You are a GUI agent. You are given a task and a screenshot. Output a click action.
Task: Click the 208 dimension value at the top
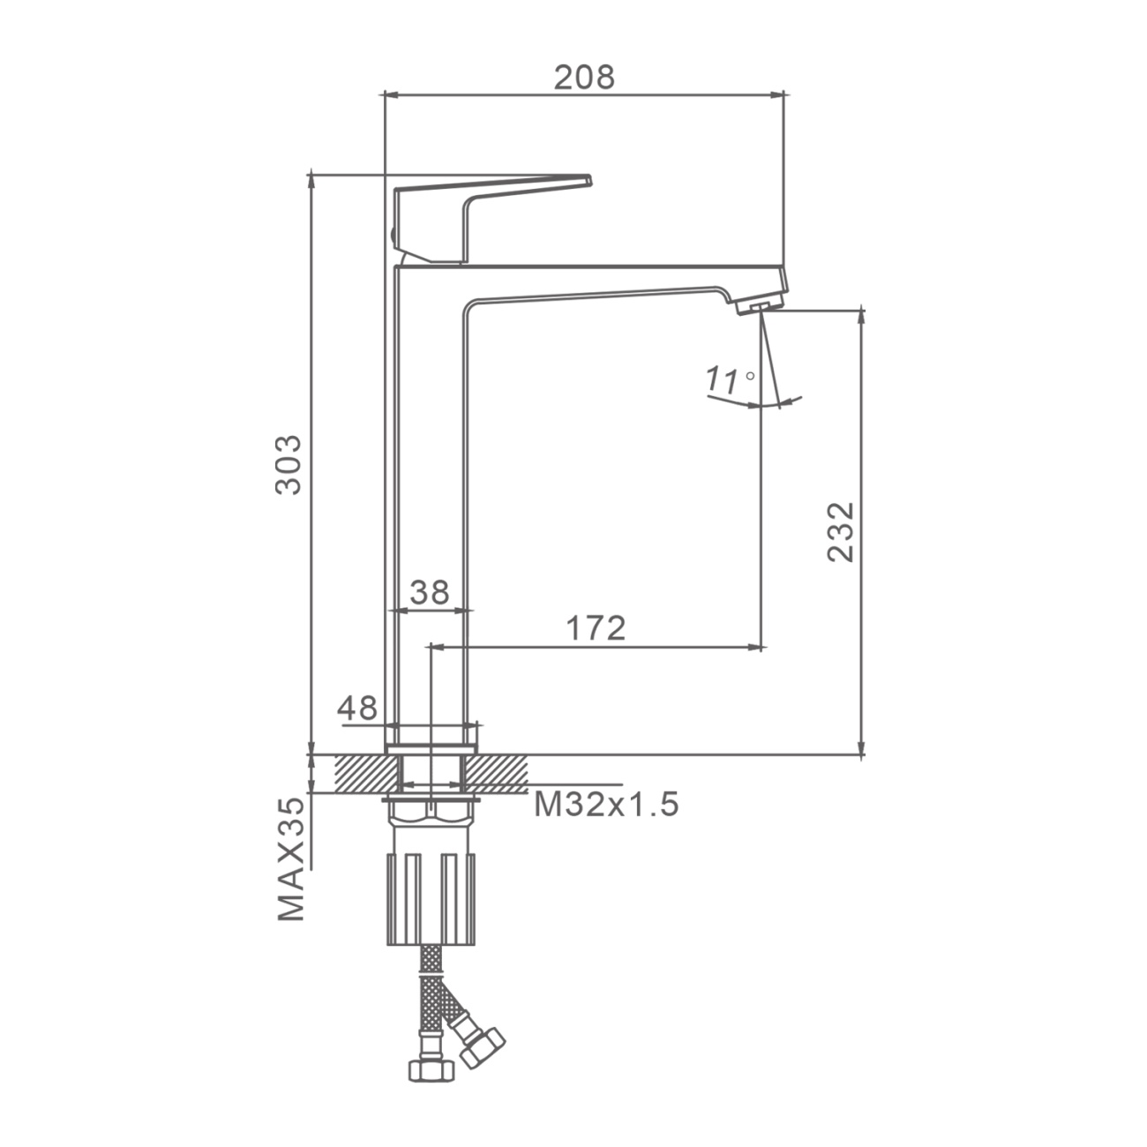point(584,78)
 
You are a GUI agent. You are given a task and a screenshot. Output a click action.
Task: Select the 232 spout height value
point(841,532)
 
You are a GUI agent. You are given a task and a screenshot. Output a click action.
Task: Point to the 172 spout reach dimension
point(596,628)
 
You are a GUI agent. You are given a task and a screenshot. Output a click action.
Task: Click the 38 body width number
point(430,592)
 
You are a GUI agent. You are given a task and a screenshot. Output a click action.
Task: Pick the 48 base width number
point(357,708)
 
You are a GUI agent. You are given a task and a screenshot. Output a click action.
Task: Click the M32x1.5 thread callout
point(606,804)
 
